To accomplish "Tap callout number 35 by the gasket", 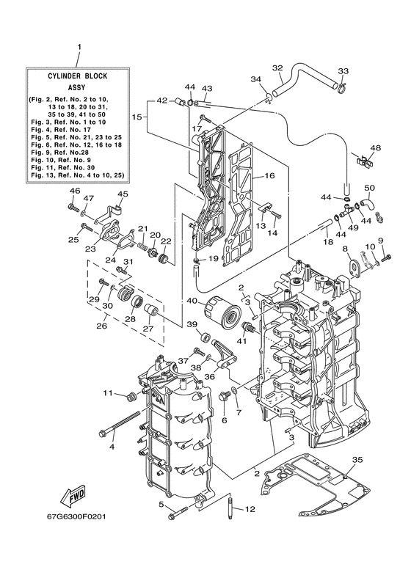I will pos(357,460).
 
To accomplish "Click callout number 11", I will pos(107,394).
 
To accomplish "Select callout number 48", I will pos(376,148).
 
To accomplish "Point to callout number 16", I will pos(269,176).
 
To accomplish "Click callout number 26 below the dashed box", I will pos(101,326).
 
